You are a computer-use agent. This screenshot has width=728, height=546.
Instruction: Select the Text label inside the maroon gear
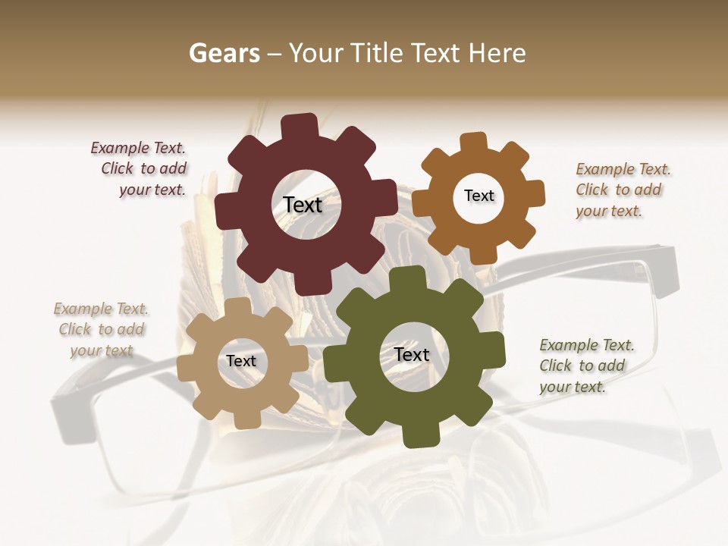pos(303,205)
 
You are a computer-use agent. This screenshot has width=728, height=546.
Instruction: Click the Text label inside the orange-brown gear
pos(479,196)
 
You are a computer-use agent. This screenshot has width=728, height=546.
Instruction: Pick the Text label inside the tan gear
pos(241,362)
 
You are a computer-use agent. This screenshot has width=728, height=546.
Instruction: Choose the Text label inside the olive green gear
pos(412,355)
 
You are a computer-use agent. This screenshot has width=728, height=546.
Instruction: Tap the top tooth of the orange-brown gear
pos(474,143)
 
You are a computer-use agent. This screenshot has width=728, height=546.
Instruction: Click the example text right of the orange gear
pos(623,190)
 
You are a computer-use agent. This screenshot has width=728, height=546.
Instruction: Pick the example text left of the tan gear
pos(101,329)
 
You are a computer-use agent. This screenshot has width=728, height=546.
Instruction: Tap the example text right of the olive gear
pos(586,366)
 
